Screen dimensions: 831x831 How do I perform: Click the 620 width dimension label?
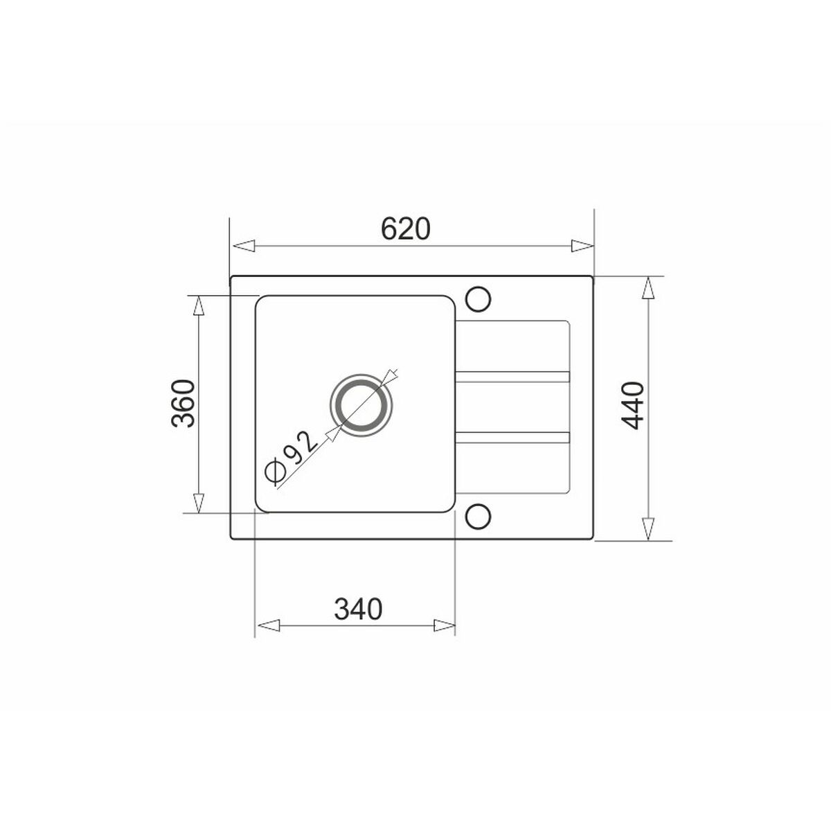tap(406, 229)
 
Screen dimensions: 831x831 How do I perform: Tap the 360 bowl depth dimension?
tap(181, 404)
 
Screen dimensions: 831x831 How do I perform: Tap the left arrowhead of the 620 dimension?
tap(242, 246)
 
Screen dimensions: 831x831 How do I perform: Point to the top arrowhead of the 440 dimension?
tap(648, 288)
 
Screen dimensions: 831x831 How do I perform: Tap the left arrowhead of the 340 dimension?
tap(267, 625)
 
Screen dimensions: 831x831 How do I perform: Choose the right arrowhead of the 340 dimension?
tap(444, 625)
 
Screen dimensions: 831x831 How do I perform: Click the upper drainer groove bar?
tap(512, 376)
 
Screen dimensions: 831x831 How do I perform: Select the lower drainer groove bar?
tap(512, 436)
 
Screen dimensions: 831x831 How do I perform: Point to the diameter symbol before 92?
tap(274, 472)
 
